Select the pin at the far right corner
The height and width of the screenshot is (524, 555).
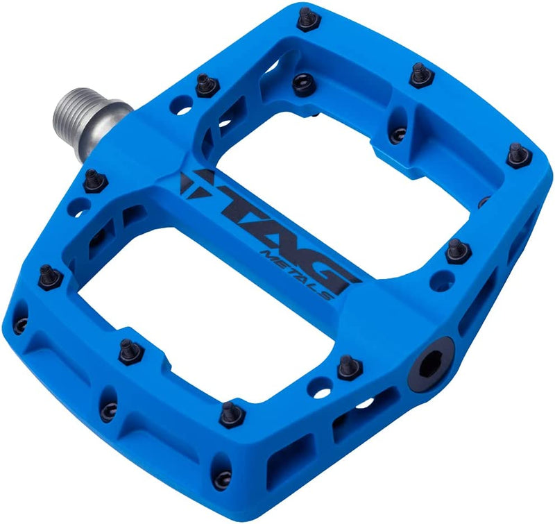click(x=518, y=153)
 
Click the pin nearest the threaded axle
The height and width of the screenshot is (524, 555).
click(x=203, y=84)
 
